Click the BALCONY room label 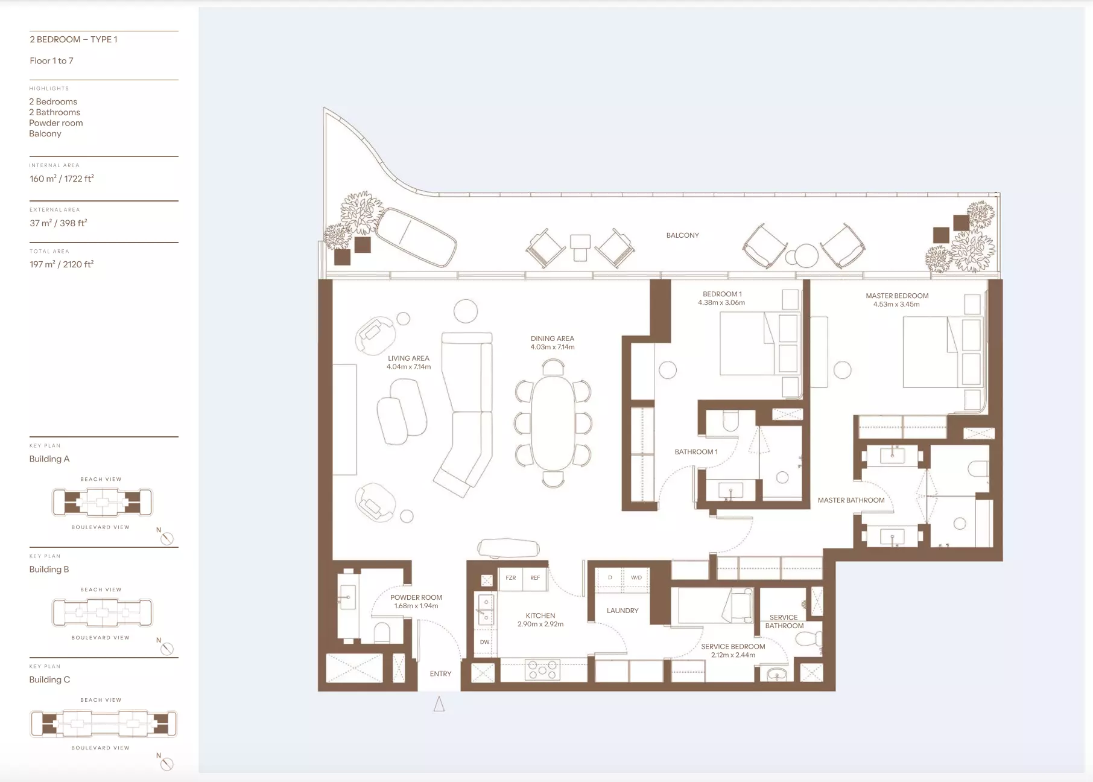point(682,235)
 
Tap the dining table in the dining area point(553,423)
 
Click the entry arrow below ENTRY point(439,704)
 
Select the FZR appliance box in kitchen point(510,578)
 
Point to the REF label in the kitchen point(535,578)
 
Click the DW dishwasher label point(485,642)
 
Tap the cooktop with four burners point(543,670)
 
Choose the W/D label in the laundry point(636,577)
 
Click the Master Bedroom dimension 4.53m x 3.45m point(896,304)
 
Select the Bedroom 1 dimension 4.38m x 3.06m point(721,302)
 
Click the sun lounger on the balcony point(416,237)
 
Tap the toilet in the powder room point(382,632)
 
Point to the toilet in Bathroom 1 point(730,421)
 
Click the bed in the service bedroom point(715,606)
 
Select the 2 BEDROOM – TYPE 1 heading point(74,39)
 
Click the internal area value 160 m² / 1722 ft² point(62,179)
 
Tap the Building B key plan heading point(49,569)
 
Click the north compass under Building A point(167,538)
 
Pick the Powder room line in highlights point(56,123)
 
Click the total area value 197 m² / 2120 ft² point(62,264)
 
